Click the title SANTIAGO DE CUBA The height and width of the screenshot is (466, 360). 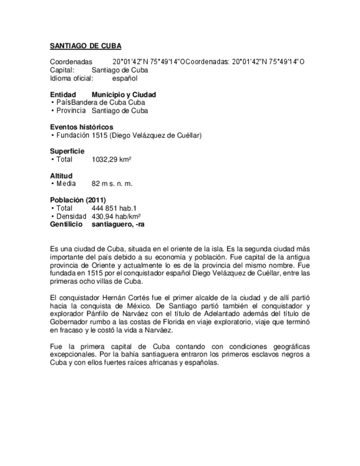pyautogui.click(x=85, y=46)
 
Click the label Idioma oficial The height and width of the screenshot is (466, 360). pyautogui.click(x=71, y=78)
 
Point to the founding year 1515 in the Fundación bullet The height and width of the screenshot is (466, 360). pyautogui.click(x=99, y=135)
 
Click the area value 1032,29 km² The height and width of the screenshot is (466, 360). pyautogui.click(x=112, y=159)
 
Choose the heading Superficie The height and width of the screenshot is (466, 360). pyautogui.click(x=67, y=151)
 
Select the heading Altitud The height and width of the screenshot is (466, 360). pyautogui.click(x=61, y=176)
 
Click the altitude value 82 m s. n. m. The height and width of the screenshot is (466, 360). pyautogui.click(x=112, y=184)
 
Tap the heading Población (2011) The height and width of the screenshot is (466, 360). pyautogui.click(x=77, y=200)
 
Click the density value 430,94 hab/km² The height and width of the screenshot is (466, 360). pyautogui.click(x=116, y=217)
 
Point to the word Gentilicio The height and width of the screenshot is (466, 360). pyautogui.click(x=66, y=224)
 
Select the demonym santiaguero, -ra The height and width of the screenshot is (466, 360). pyautogui.click(x=118, y=224)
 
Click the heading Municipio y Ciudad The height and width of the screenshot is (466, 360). pyautogui.click(x=124, y=95)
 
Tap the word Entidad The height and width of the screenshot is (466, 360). pyautogui.click(x=63, y=95)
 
